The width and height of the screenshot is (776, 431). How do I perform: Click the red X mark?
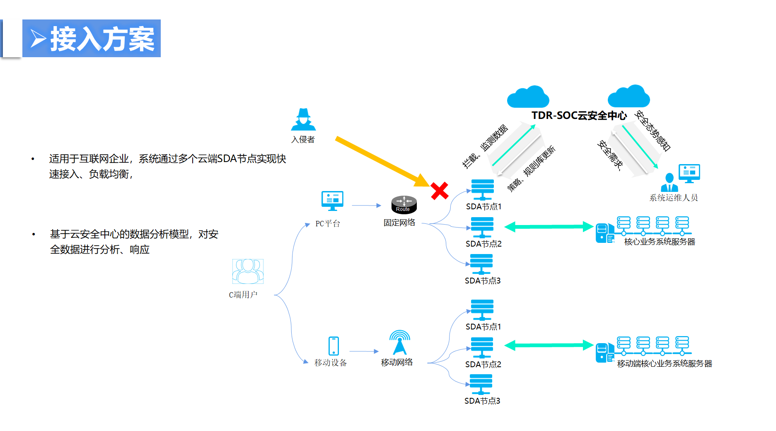[440, 191]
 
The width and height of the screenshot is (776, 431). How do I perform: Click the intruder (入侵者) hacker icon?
[303, 120]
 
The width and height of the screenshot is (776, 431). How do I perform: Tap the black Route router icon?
[404, 204]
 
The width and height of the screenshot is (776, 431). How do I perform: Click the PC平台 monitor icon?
[332, 201]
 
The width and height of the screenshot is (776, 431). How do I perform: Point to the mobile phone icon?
[334, 346]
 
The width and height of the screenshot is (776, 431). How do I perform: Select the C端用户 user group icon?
[248, 271]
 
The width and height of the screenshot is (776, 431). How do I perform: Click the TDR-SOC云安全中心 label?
[579, 116]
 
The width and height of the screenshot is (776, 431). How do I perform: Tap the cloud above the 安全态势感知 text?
[629, 97]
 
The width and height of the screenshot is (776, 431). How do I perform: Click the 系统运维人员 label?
[673, 198]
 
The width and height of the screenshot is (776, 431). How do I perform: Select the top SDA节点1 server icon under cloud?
[482, 189]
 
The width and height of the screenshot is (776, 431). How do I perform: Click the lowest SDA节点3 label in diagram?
[482, 401]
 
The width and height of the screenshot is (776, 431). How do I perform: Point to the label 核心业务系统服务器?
[660, 242]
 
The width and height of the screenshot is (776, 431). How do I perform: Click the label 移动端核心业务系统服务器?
[665, 363]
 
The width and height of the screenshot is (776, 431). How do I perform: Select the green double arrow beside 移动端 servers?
[549, 345]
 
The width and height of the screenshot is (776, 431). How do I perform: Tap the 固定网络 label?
[399, 223]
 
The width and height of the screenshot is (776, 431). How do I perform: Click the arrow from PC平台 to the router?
[366, 205]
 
